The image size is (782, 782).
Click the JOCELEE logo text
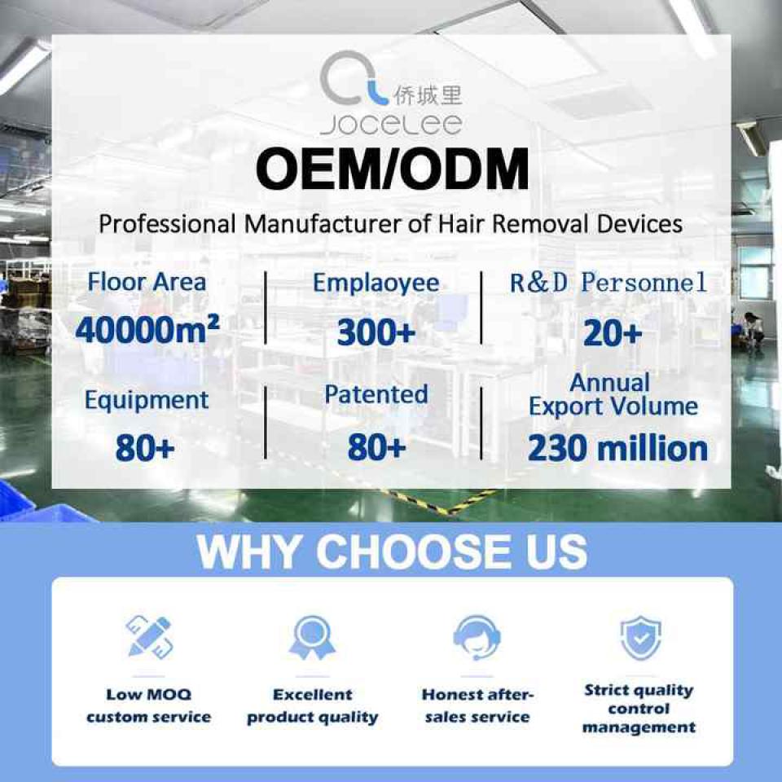[391, 125]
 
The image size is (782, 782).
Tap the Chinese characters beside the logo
[428, 95]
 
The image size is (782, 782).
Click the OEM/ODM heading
[392, 169]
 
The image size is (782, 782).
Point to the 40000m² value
[147, 330]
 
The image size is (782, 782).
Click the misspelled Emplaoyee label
[376, 283]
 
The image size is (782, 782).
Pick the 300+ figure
[376, 332]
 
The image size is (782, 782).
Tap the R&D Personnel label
[608, 283]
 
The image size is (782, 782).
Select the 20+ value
[613, 332]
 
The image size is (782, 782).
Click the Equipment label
[146, 400]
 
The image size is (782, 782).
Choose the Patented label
[376, 394]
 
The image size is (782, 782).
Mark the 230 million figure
[617, 448]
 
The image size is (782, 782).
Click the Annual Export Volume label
[613, 394]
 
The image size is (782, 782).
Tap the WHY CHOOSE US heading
[392, 551]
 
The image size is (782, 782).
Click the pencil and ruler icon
[148, 637]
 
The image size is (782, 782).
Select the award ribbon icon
[312, 637]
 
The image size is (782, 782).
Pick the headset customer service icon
[477, 637]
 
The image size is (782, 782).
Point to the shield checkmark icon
[641, 637]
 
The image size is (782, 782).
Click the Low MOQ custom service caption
[148, 705]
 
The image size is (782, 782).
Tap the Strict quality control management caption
[639, 709]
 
